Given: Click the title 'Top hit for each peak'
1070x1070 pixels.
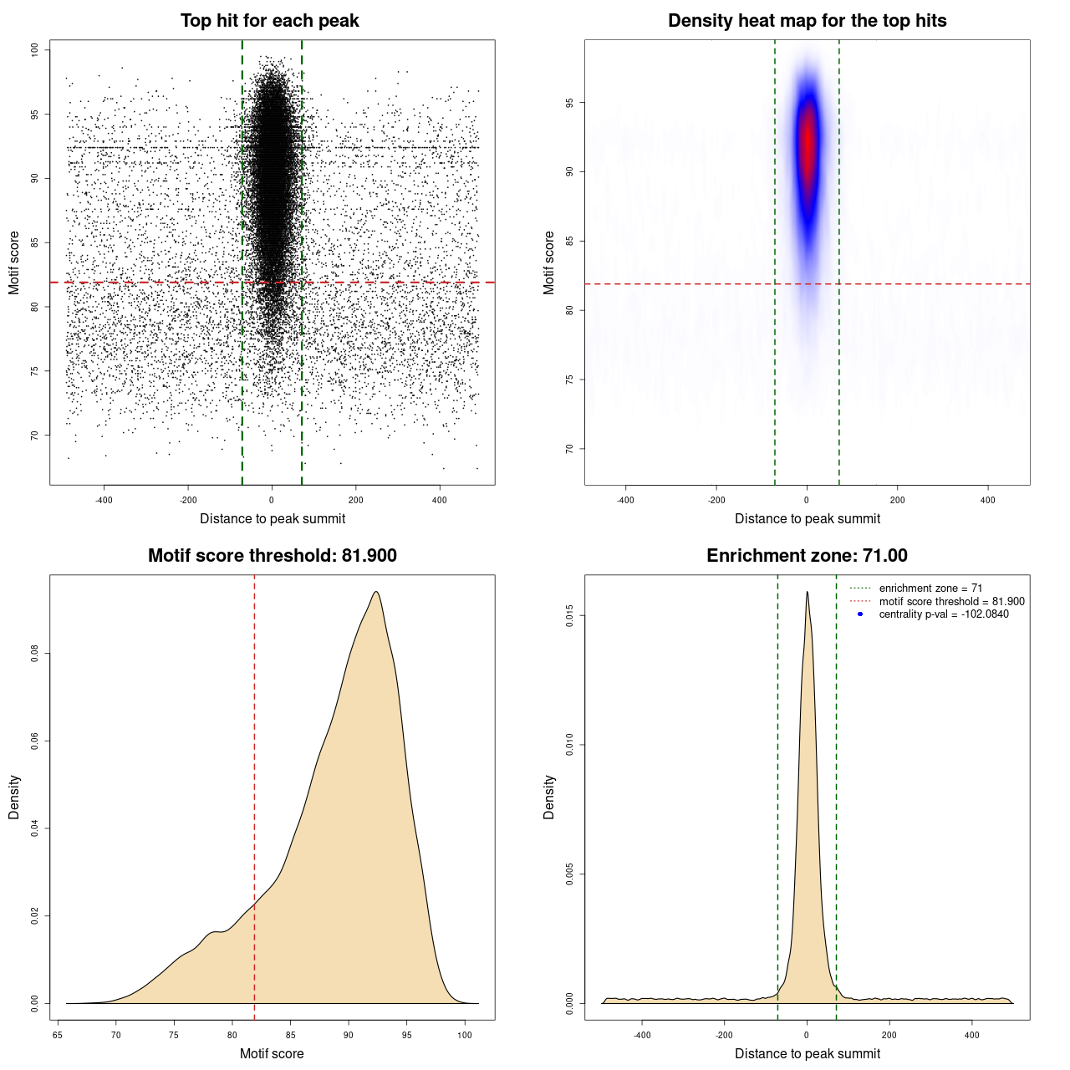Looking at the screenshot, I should [269, 21].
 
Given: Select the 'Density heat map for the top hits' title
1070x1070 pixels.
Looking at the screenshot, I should [807, 21].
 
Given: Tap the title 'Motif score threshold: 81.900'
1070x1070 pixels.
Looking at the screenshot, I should [272, 556].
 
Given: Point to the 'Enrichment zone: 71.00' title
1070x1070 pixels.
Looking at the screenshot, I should [807, 556].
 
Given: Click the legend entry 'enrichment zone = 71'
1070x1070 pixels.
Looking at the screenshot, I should [930, 588].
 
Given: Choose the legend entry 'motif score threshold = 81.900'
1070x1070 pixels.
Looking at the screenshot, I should [951, 601].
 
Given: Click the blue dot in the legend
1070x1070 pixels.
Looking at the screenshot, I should [860, 614].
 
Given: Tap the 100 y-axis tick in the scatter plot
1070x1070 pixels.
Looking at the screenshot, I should [35, 50].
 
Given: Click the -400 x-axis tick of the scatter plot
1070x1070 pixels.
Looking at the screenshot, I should [104, 501].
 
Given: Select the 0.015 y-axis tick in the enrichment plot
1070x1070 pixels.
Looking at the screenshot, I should [570, 616].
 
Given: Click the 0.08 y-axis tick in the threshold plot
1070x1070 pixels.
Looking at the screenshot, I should [35, 653].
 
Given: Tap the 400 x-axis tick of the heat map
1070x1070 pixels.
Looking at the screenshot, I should [988, 501].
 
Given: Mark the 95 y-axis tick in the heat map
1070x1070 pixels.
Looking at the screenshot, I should [570, 103].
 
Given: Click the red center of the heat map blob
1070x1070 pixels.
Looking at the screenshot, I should [807, 142].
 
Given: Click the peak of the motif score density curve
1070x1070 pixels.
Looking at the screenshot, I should [376, 592].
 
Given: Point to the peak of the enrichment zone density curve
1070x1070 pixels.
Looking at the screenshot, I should [807, 592].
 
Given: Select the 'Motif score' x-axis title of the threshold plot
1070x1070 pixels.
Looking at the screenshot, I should [272, 1053].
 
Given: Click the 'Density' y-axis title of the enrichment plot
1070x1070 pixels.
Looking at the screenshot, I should [549, 797].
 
